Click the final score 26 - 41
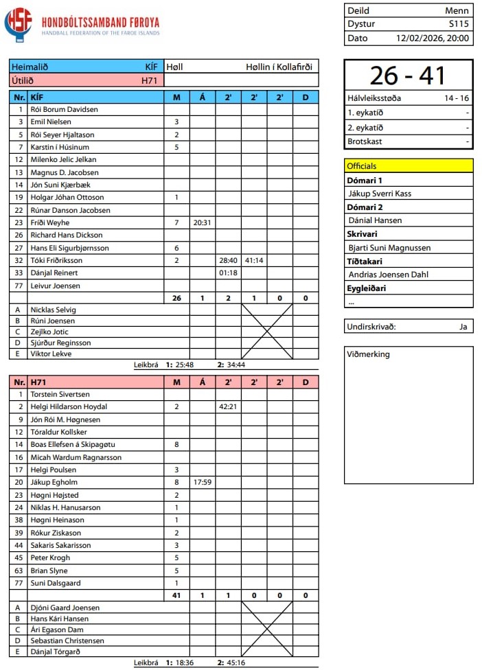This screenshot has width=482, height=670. (409, 76)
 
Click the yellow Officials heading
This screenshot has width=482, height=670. (362, 166)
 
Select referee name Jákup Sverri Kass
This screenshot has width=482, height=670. (380, 194)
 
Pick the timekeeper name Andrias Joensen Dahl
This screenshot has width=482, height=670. (388, 275)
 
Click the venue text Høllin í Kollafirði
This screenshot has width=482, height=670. (279, 67)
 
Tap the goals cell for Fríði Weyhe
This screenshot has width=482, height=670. (176, 222)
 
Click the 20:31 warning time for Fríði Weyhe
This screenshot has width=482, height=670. (202, 222)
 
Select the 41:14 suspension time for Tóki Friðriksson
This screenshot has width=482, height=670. (253, 260)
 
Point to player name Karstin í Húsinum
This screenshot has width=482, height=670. (60, 147)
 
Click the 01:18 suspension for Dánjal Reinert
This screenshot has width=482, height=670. (228, 273)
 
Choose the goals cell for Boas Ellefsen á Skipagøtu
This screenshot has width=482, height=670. (176, 444)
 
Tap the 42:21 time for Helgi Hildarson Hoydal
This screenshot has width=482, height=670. (228, 406)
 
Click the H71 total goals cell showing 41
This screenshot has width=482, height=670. (176, 595)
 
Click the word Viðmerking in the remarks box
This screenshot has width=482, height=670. (369, 354)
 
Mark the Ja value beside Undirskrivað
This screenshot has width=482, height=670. (463, 327)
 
